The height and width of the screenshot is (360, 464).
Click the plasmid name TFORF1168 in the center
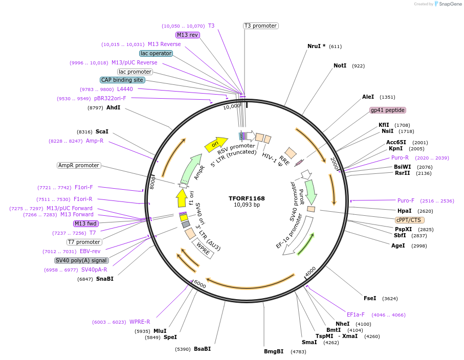pos(247,198)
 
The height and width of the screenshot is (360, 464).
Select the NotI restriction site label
pos(340,66)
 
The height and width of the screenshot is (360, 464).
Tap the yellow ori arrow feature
pos(215,144)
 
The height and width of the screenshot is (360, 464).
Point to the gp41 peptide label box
pos(387,110)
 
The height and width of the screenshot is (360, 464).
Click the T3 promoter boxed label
pos(260,26)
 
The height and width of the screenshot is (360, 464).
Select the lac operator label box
pos(156,53)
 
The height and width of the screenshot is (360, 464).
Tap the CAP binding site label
pos(123,80)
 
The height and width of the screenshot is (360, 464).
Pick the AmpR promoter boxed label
pos(79,165)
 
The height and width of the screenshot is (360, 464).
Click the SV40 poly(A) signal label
pos(82,260)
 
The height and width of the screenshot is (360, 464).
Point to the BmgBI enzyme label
pos(274,351)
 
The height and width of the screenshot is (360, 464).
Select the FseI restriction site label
pos(370,298)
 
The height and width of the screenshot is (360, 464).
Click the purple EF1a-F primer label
pos(356,314)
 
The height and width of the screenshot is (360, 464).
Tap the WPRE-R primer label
pos(140,322)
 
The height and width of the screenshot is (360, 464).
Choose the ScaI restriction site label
pos(102,131)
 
